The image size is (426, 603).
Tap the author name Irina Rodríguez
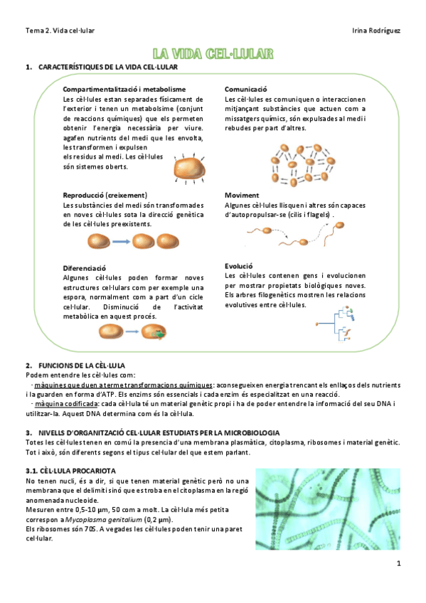(x=376, y=31)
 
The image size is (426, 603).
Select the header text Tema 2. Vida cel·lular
(x=60, y=31)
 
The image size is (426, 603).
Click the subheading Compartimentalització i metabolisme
(x=124, y=89)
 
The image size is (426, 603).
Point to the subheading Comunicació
(x=245, y=89)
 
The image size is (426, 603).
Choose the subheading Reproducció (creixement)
(x=105, y=195)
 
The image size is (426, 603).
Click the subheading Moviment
(x=242, y=195)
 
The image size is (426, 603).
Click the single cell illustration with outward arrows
(x=188, y=170)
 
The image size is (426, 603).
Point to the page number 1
(x=400, y=565)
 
